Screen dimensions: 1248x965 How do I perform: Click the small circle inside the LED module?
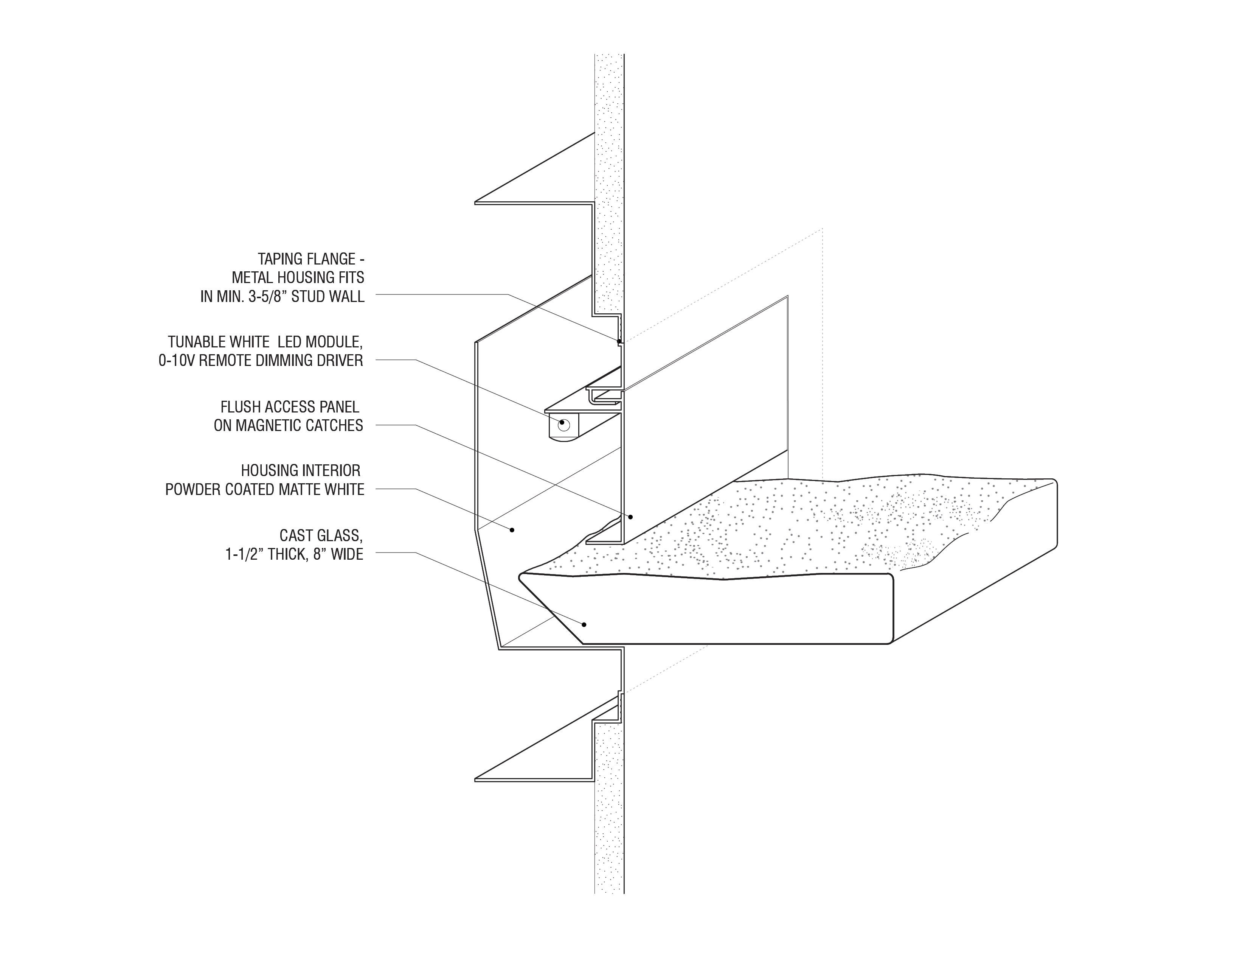[564, 424]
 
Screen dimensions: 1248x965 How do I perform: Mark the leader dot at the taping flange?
[619, 341]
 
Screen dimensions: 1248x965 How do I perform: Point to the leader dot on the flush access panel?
[631, 517]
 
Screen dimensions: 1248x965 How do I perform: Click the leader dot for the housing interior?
[512, 530]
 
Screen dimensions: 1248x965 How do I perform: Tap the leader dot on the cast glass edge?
[584, 625]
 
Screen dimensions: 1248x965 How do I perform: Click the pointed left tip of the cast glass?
[519, 578]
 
